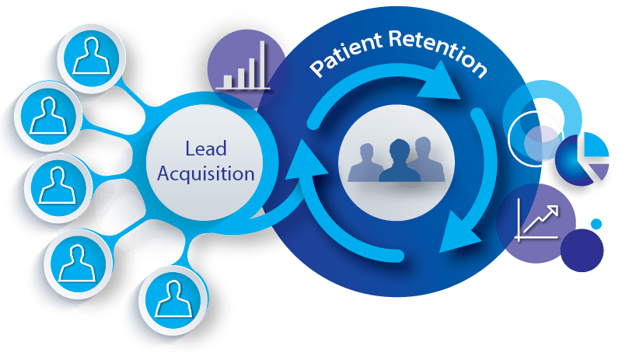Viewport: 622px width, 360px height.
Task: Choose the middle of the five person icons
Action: tap(56, 180)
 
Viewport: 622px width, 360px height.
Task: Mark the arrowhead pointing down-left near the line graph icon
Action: tap(453, 235)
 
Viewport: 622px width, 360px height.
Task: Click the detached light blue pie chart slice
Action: tap(595, 147)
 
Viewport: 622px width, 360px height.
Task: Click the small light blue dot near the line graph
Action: tap(596, 224)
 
